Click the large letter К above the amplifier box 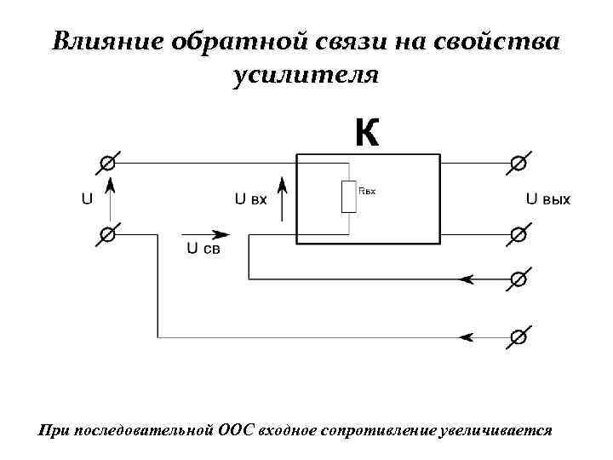coord(366,134)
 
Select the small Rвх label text coord(367,192)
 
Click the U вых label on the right coord(547,199)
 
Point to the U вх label coord(251,199)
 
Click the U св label coord(203,249)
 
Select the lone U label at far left coord(87,199)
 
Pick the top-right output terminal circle coord(517,162)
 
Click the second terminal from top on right coord(517,233)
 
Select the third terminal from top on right coord(517,279)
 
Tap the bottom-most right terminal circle coord(517,337)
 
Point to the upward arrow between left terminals coord(109,196)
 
